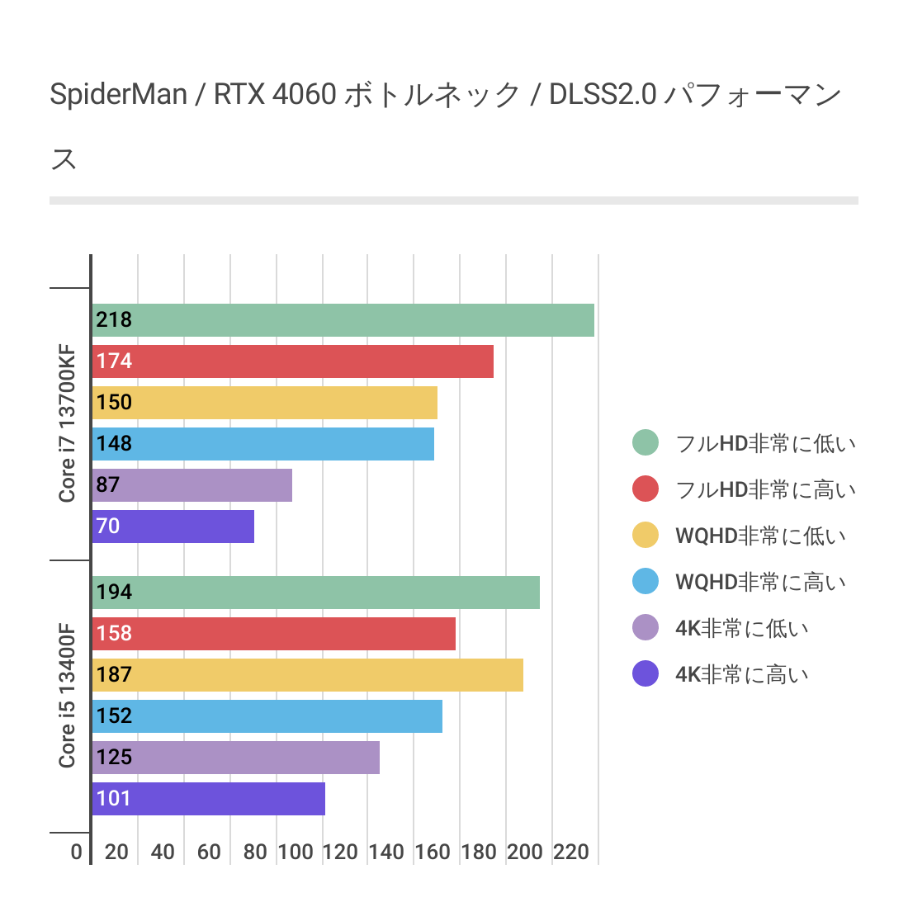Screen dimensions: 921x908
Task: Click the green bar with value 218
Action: [x=343, y=320]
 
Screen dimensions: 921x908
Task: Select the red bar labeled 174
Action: [x=292, y=361]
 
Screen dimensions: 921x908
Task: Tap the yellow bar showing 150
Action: [x=264, y=403]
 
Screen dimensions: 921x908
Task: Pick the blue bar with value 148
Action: [x=262, y=444]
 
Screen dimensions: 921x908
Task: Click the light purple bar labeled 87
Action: [x=192, y=485]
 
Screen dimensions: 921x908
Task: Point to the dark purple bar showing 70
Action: [x=173, y=527]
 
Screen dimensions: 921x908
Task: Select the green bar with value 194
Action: [x=315, y=593]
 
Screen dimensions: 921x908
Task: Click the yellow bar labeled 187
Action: [x=307, y=675]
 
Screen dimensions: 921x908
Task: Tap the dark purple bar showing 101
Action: [x=208, y=799]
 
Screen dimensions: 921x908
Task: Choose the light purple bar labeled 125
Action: [x=235, y=758]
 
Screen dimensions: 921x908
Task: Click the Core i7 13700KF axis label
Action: [x=67, y=424]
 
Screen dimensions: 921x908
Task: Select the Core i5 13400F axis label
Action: [x=67, y=697]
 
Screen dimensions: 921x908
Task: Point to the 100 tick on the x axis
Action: [x=295, y=853]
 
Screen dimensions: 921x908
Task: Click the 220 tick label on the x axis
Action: [x=571, y=853]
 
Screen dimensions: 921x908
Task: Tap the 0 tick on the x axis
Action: [x=77, y=853]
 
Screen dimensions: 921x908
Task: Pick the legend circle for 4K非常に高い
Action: [x=646, y=674]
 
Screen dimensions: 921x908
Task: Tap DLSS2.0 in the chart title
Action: [x=603, y=95]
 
